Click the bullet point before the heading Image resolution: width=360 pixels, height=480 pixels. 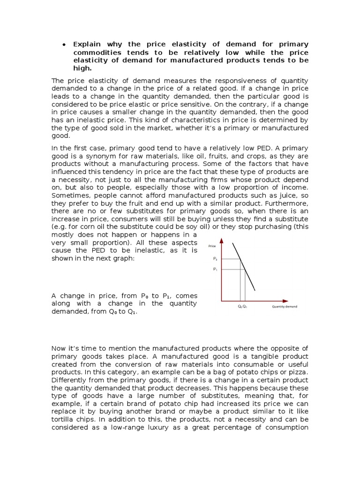click(63, 45)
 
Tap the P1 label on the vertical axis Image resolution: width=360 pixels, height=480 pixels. click(215, 270)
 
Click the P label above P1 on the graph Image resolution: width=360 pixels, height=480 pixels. click(215, 259)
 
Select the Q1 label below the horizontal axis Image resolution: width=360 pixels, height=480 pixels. click(245, 307)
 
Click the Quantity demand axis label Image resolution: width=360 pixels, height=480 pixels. click(285, 307)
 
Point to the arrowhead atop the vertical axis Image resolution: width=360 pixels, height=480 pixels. click(222, 241)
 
